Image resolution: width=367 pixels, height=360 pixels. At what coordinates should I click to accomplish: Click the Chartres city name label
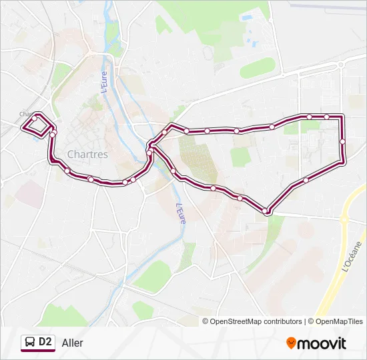click(87, 154)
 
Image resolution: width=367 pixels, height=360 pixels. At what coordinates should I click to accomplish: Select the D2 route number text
click(45, 342)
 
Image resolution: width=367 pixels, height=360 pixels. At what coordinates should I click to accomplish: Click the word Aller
click(73, 343)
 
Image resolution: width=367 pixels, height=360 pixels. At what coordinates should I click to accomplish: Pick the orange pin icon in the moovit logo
click(291, 343)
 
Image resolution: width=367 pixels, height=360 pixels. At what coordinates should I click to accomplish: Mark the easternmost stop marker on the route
click(342, 141)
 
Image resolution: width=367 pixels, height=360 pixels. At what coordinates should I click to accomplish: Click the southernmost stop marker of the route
click(266, 211)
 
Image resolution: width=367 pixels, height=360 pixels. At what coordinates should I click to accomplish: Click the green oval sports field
click(257, 67)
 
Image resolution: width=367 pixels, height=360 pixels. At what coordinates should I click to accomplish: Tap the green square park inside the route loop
click(240, 156)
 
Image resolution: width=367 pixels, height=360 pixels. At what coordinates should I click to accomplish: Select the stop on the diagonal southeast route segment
click(306, 179)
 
